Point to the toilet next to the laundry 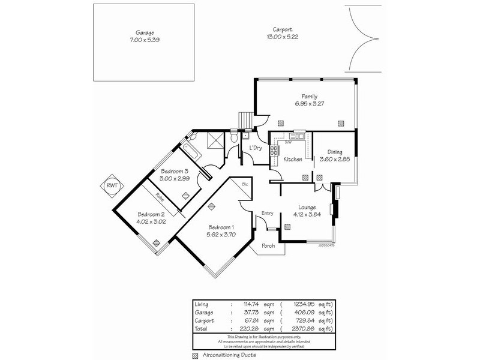(233, 139)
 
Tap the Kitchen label (293, 159)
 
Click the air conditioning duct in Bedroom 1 (211, 206)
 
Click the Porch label (268, 245)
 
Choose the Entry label (267, 212)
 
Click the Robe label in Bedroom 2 (160, 197)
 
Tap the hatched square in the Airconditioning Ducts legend (196, 355)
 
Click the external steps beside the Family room (245, 120)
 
